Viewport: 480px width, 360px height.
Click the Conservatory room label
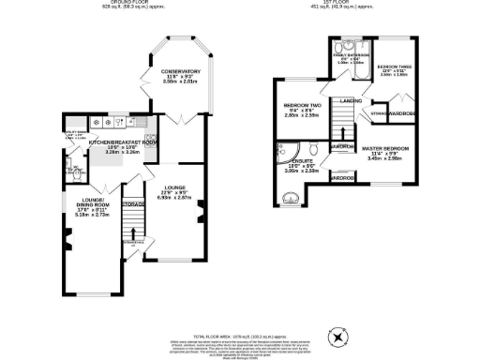tap(180, 72)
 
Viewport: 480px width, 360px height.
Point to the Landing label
tap(351, 99)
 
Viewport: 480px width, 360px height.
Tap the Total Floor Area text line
tap(240, 335)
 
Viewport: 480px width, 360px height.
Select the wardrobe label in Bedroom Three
tap(401, 113)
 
